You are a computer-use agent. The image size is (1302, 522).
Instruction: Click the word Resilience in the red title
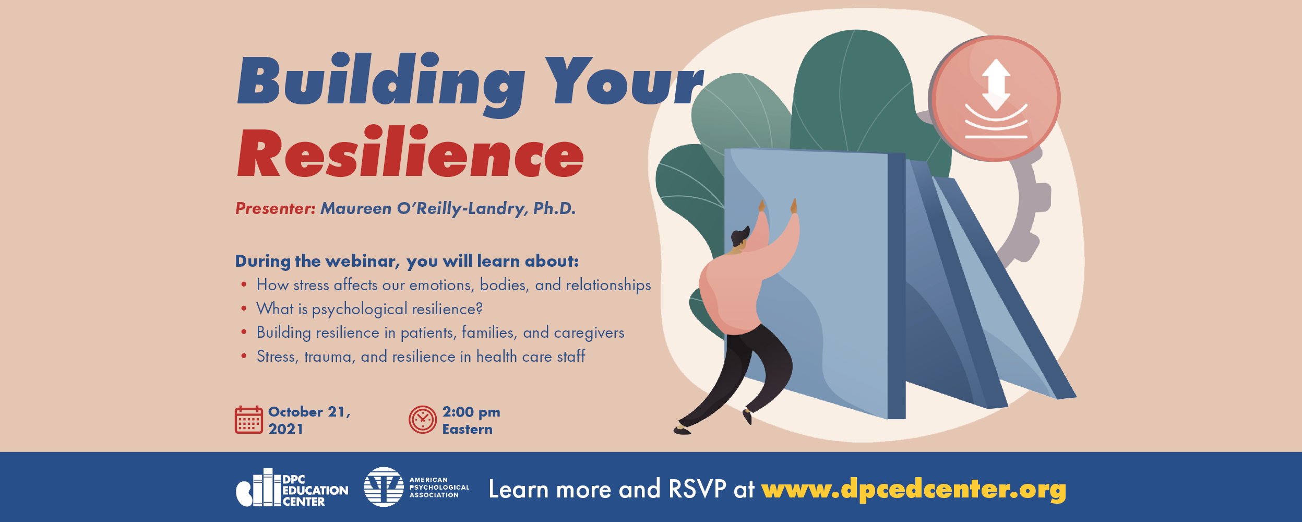410,152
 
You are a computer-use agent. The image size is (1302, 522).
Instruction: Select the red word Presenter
275,208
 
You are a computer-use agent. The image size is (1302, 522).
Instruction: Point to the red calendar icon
248,420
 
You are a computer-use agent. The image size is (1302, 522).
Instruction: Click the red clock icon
422,420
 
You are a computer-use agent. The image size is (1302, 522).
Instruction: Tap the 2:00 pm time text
471,412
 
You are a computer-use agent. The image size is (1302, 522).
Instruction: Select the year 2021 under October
285,429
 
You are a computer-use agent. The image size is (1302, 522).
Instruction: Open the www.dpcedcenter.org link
913,490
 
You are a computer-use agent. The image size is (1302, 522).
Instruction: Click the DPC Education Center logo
292,488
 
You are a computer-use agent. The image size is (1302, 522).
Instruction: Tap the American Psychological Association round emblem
384,487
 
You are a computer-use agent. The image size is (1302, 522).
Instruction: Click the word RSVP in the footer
697,489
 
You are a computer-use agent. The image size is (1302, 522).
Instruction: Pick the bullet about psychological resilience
369,309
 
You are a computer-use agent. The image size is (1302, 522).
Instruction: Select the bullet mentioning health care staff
421,357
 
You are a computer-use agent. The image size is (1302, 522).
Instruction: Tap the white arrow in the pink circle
996,85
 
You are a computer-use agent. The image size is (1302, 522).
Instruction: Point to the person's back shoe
682,430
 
